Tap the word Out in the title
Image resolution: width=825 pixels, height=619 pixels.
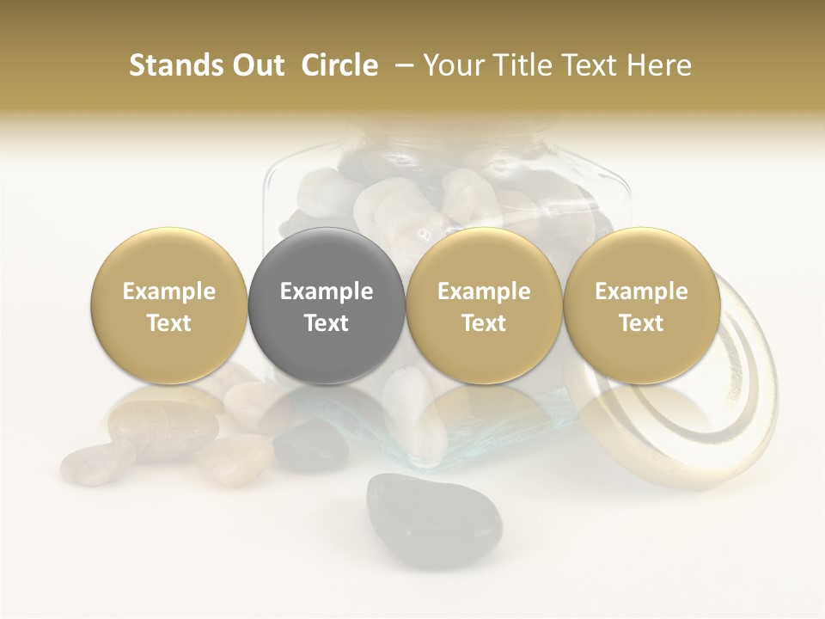tap(255, 65)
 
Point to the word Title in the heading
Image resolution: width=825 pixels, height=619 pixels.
tap(518, 65)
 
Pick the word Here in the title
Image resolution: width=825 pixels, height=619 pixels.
tap(659, 65)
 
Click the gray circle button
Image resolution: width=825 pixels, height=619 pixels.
tap(327, 306)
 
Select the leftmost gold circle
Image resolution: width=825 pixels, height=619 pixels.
tap(169, 306)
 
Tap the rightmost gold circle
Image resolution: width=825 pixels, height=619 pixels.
tap(642, 306)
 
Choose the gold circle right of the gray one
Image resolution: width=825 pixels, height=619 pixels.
tap(484, 306)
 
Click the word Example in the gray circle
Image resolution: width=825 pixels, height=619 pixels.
tap(327, 291)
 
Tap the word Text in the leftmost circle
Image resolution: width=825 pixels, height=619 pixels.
tap(169, 323)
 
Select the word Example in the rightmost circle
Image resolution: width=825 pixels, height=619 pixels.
tap(642, 291)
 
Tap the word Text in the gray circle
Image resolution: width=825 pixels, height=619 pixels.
tap(327, 323)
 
